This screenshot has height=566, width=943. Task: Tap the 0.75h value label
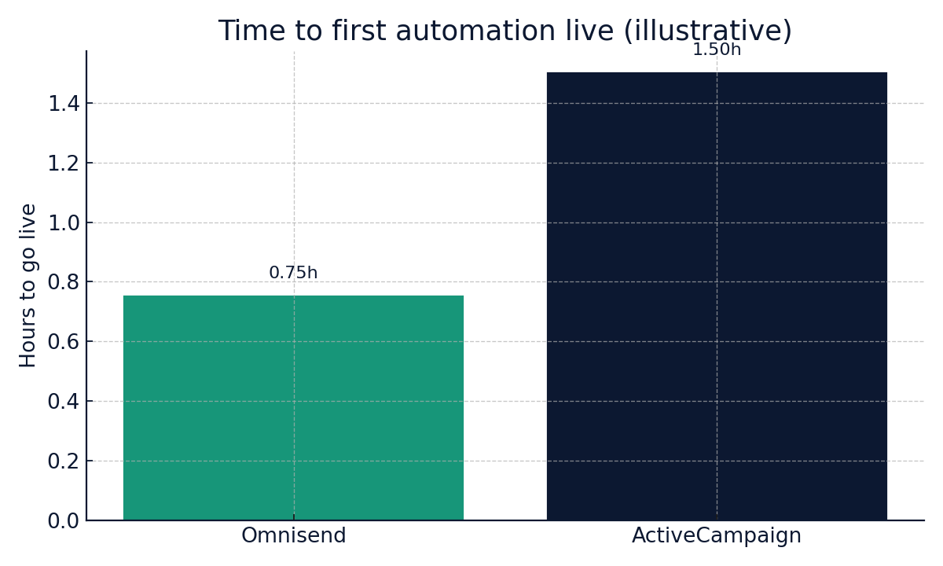[293, 274]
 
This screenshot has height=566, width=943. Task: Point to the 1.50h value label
[716, 50]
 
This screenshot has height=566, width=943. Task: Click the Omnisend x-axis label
[293, 536]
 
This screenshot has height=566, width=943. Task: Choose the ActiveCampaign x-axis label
[716, 536]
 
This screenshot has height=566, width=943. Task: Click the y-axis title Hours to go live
[28, 285]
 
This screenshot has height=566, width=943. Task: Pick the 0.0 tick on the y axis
[63, 521]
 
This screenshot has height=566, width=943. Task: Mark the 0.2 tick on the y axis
[63, 461]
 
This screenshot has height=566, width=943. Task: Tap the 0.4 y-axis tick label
[63, 402]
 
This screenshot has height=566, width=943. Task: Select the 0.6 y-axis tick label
[63, 342]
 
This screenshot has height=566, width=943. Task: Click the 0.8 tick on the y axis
[63, 282]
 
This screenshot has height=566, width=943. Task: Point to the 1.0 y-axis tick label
[63, 223]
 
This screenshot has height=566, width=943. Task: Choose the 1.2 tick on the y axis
[63, 164]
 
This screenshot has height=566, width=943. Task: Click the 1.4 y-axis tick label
[63, 104]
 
